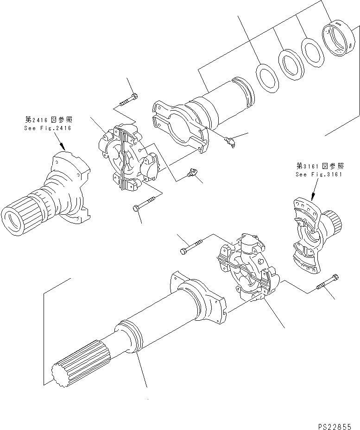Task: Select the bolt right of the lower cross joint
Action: point(328,283)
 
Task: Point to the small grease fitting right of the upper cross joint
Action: point(191,174)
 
